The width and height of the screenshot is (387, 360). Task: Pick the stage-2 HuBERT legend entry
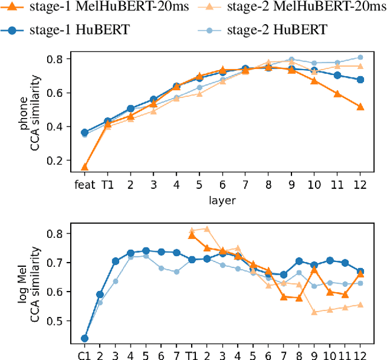tap(268, 28)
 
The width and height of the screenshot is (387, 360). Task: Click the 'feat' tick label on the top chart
tap(85, 184)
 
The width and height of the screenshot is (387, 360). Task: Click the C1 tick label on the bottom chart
tap(85, 353)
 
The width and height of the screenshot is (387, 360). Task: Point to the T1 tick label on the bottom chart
tap(192, 353)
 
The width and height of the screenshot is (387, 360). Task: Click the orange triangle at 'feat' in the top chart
tap(85, 167)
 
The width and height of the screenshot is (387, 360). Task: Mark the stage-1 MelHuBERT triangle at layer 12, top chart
tap(360, 106)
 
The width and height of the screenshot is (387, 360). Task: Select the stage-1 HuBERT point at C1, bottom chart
tap(85, 338)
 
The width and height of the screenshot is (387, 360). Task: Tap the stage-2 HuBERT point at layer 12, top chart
tap(360, 57)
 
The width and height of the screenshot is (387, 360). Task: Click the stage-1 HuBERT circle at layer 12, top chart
tap(360, 79)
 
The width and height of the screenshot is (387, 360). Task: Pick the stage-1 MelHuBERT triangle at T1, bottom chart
tap(192, 235)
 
